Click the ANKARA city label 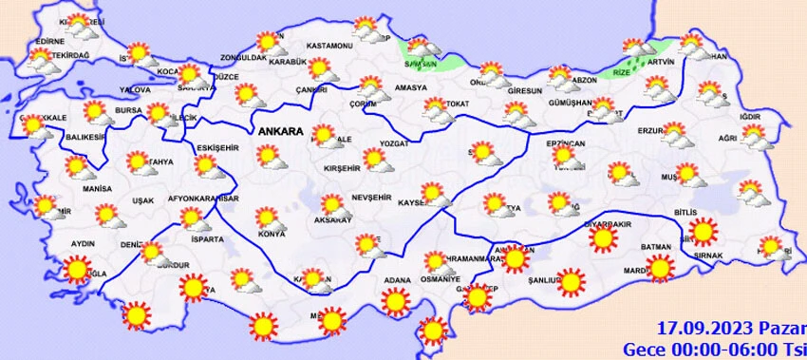tap(279, 132)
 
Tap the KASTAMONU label tap(330, 47)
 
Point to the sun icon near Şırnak tap(704, 231)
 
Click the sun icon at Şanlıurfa tap(571, 281)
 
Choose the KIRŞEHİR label tap(340, 167)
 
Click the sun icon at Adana tap(394, 302)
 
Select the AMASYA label tap(411, 87)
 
